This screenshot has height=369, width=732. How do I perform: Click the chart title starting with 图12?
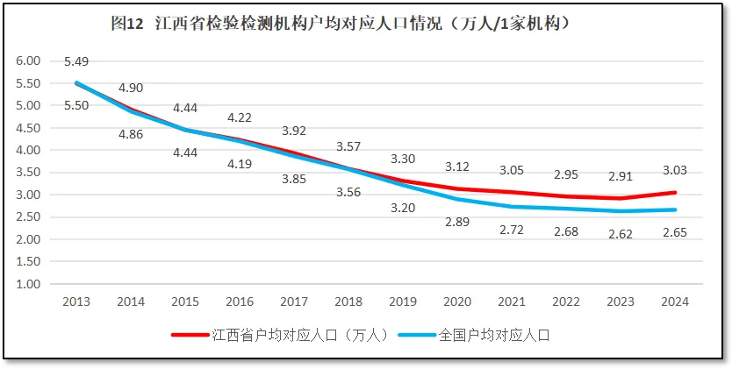pyautogui.click(x=342, y=24)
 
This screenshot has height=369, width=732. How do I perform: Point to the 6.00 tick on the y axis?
pyautogui.click(x=29, y=61)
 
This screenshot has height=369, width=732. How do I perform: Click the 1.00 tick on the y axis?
pyautogui.click(x=29, y=284)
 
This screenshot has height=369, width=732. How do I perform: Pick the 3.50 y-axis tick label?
pyautogui.click(x=29, y=173)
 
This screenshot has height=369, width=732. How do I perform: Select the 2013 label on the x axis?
pyautogui.click(x=75, y=302)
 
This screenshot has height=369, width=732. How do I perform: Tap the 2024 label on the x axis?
pyautogui.click(x=675, y=302)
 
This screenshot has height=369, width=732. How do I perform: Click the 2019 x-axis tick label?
pyautogui.click(x=403, y=302)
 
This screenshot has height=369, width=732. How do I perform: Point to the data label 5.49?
pyautogui.click(x=76, y=61)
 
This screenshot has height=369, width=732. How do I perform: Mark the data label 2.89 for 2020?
pyautogui.click(x=457, y=223)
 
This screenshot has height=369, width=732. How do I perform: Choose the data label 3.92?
pyautogui.click(x=294, y=131)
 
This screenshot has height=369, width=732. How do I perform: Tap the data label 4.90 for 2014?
pyautogui.click(x=131, y=88)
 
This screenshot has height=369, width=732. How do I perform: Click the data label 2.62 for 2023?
pyautogui.click(x=621, y=233)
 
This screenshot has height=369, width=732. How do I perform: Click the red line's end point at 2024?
pyautogui.click(x=675, y=192)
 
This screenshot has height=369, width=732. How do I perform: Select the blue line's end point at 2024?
pyautogui.click(x=675, y=209)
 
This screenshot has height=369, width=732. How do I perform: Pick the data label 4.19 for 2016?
pyautogui.click(x=240, y=164)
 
